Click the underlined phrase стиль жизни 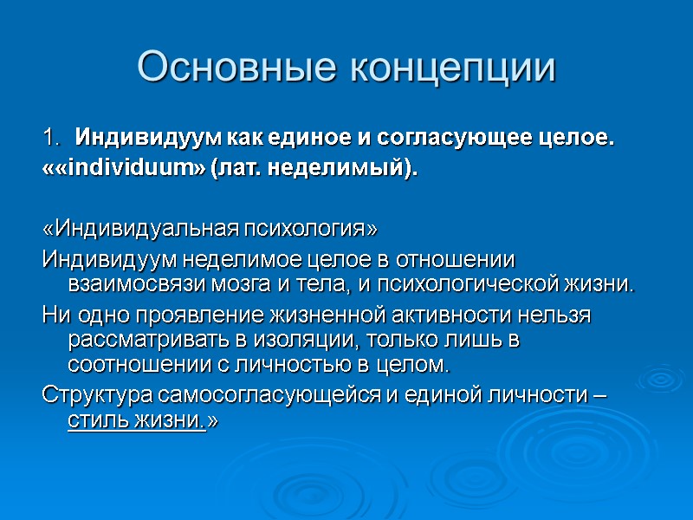pos(135,419)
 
